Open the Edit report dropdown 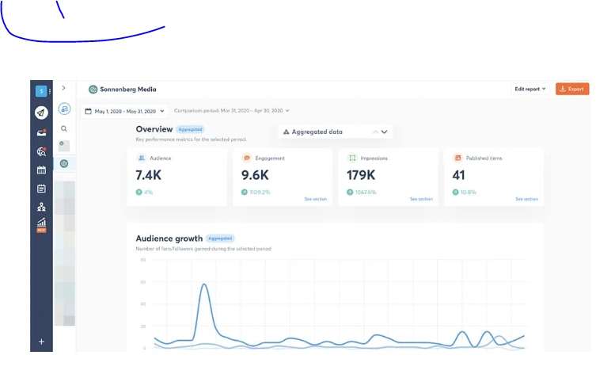(x=530, y=89)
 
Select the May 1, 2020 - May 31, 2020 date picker (x=125, y=111)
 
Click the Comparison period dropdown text (x=231, y=111)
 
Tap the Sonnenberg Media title (x=127, y=90)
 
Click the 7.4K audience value (x=149, y=175)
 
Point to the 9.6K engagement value (x=255, y=175)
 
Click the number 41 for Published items (x=458, y=175)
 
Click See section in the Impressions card (x=421, y=199)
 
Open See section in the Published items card (x=526, y=199)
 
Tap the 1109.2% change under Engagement (x=260, y=192)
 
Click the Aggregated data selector (x=335, y=132)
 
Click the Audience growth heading (x=169, y=238)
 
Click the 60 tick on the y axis (x=143, y=281)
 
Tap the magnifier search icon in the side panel (x=64, y=128)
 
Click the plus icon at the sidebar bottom (x=41, y=342)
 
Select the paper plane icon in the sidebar (x=41, y=113)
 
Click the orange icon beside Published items (x=457, y=158)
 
